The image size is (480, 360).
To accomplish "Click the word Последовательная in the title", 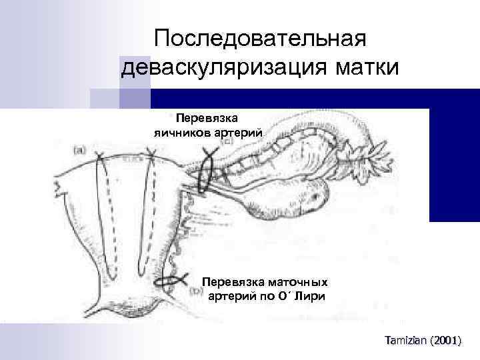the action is pyautogui.click(x=260, y=38).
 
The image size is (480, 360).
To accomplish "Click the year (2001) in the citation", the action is pyautogui.click(x=445, y=340).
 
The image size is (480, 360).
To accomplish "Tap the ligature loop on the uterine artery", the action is pyautogui.click(x=171, y=281).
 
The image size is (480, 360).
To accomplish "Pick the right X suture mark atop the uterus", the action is pyautogui.click(x=152, y=158).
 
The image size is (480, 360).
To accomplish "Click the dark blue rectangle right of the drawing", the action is pyautogui.click(x=454, y=164).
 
